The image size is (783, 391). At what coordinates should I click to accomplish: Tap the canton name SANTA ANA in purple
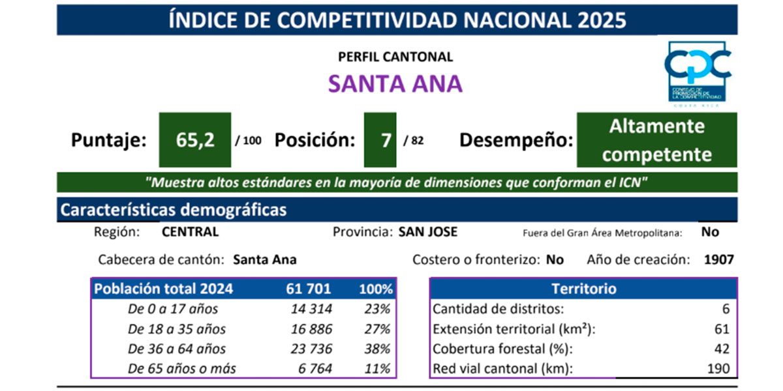pyautogui.click(x=395, y=83)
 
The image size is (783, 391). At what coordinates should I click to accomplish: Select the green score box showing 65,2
pyautogui.click(x=195, y=140)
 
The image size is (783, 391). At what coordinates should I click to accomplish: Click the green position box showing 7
pyautogui.click(x=386, y=140)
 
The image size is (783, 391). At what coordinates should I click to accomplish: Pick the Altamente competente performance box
pyautogui.click(x=656, y=140)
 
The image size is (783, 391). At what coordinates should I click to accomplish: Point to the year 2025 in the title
pyautogui.click(x=602, y=20)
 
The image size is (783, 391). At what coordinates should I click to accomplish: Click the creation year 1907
pyautogui.click(x=719, y=259)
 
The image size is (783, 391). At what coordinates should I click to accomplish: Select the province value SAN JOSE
pyautogui.click(x=428, y=232)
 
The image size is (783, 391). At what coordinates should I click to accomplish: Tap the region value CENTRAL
pyautogui.click(x=190, y=232)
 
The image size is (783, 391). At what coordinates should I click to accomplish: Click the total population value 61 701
pyautogui.click(x=308, y=289)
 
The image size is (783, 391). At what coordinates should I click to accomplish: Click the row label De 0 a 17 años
pyautogui.click(x=173, y=309)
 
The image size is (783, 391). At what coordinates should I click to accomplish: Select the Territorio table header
pyautogui.click(x=583, y=289)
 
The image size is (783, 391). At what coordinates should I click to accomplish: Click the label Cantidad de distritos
pyautogui.click(x=499, y=309)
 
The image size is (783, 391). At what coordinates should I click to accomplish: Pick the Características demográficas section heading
pyautogui.click(x=174, y=210)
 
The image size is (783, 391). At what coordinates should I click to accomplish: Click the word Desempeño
pyautogui.click(x=515, y=140)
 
